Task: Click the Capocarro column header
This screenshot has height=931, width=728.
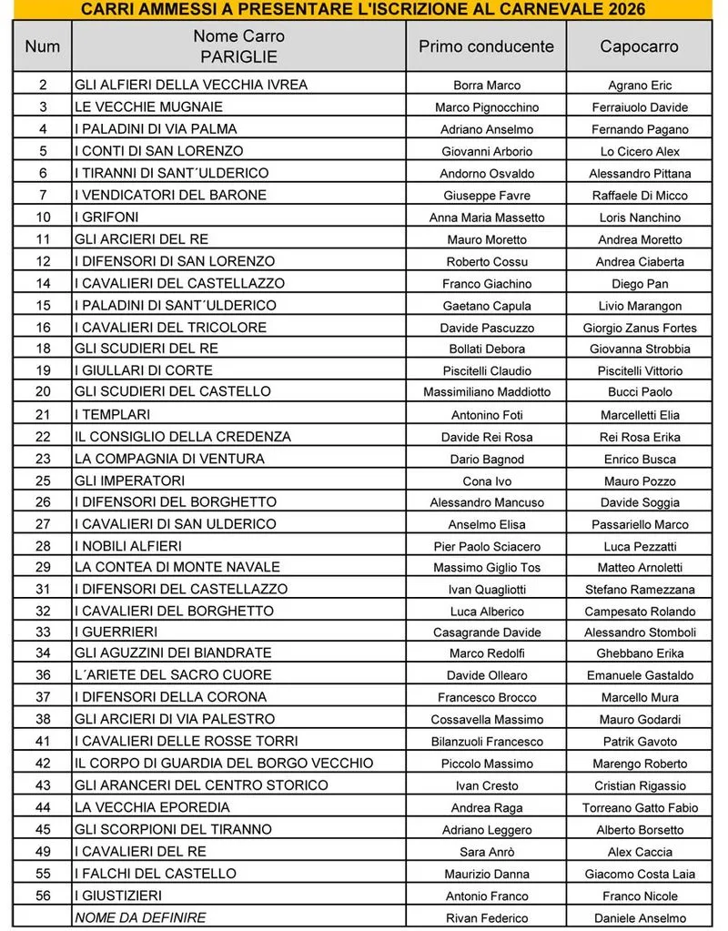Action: (x=639, y=46)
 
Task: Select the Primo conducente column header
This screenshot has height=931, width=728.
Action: (x=486, y=46)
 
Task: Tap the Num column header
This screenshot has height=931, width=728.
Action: (x=42, y=46)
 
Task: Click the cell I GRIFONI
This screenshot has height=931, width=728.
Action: (x=106, y=217)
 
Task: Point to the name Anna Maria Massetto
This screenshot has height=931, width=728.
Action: (x=487, y=218)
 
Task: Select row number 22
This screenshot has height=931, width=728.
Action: (x=43, y=436)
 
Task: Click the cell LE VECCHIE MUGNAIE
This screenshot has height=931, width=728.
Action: (x=136, y=106)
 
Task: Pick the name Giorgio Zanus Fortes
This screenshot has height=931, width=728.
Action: (x=640, y=328)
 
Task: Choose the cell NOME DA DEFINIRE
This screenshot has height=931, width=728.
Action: (x=140, y=917)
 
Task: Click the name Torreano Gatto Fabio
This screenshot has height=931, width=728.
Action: (x=640, y=808)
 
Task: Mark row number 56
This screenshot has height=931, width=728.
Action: (x=43, y=896)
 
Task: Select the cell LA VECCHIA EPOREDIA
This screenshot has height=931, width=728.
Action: (x=152, y=807)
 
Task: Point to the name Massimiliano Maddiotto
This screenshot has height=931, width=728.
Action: (x=487, y=392)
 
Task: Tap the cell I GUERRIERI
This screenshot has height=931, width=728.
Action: (x=116, y=632)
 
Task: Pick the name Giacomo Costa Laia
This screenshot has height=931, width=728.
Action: (x=640, y=875)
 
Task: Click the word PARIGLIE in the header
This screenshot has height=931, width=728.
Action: (x=238, y=56)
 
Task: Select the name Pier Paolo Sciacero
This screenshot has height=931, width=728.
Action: (x=487, y=546)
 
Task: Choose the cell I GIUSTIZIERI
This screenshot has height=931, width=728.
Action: (x=118, y=896)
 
